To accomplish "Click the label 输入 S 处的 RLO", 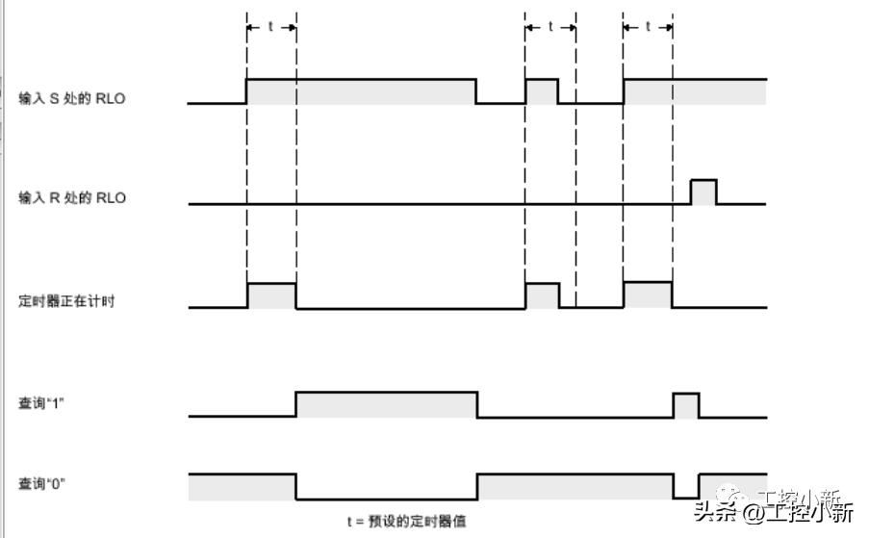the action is coord(72,99).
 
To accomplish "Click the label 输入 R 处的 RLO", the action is coord(72,198).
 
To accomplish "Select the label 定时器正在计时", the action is coord(67,301).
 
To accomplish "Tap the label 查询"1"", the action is coord(41,401).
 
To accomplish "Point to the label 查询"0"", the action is coord(41,483).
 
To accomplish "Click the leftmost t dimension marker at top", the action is coord(270,27).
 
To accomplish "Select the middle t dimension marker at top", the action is coord(550,27).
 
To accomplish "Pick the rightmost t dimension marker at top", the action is coord(648,27).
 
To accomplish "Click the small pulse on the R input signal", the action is coord(703,192).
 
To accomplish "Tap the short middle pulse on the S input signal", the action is coord(542,90).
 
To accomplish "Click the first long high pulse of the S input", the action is coord(361,90).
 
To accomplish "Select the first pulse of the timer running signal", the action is coord(271,295).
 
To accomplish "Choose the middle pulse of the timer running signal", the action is coord(542,295).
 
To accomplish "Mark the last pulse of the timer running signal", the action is coord(648,295).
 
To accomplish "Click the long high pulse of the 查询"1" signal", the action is coord(386,404).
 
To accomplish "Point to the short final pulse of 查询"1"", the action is coord(685,404).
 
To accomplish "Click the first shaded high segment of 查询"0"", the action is coord(242,487).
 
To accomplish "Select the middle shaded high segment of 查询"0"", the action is coord(575,487).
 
